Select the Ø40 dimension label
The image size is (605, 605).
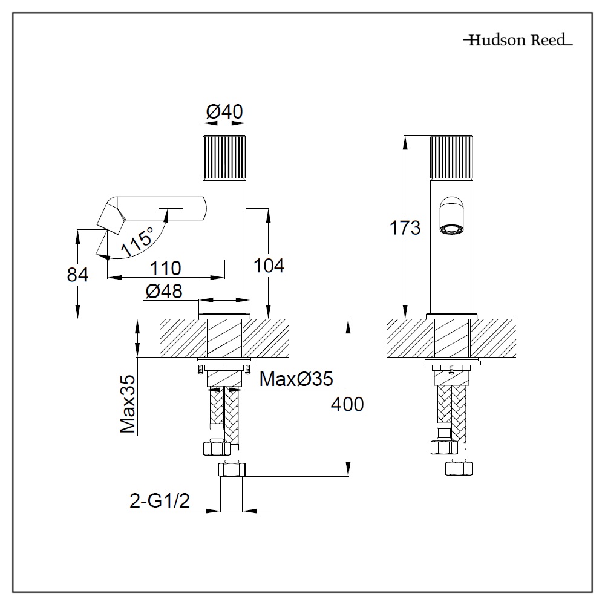pos(224,111)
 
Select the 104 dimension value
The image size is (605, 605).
pos(268,265)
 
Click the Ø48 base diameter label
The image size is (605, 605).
pos(164,292)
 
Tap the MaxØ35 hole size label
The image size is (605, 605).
pos(296,379)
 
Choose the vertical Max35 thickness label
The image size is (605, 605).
pos(128,404)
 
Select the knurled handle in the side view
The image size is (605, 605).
pos(224,157)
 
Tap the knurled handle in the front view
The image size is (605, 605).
pos(452,157)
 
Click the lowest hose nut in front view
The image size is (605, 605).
pos(457,468)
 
